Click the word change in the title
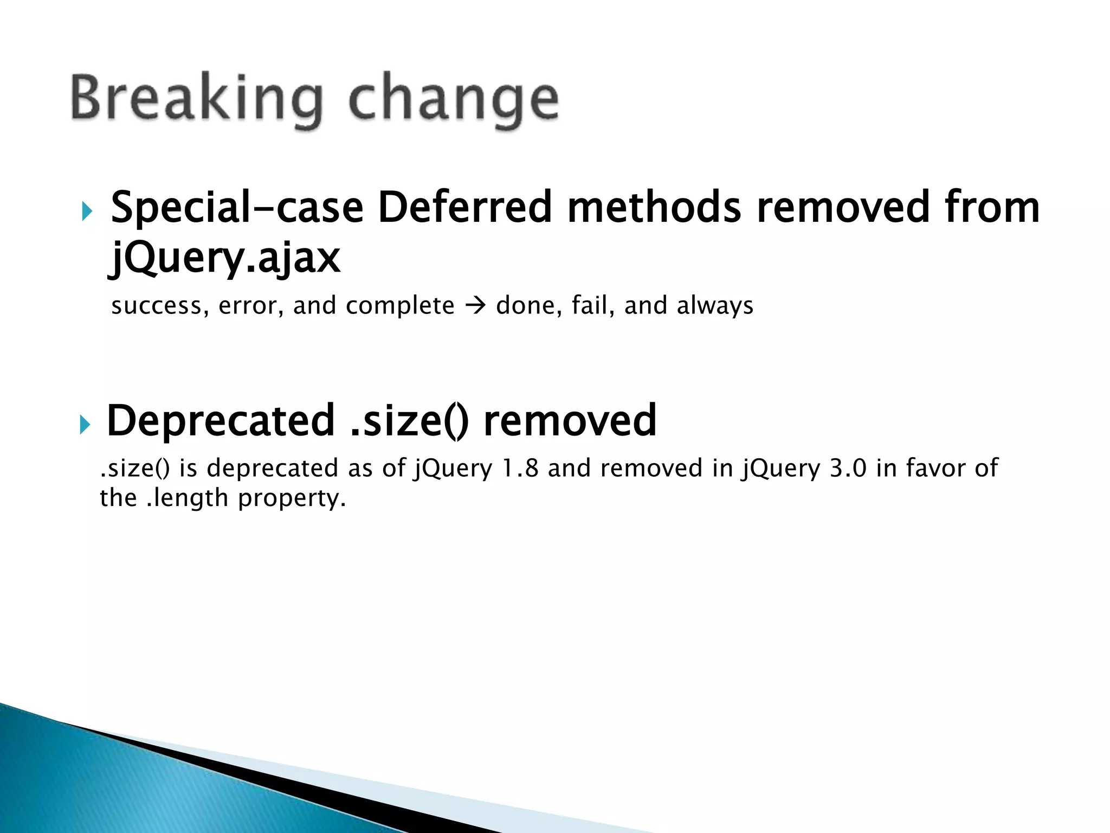(x=453, y=100)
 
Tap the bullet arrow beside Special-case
(x=87, y=211)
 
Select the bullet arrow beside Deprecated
(x=84, y=424)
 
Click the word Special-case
(x=237, y=208)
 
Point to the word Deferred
(x=464, y=208)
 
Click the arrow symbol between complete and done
(x=475, y=306)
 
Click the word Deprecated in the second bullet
(x=221, y=421)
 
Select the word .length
(x=188, y=498)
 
